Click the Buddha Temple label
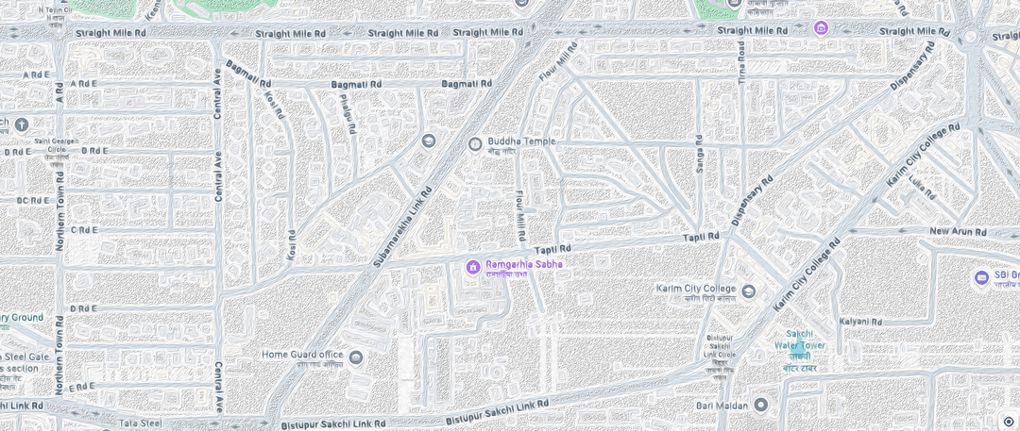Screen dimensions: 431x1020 (521, 141)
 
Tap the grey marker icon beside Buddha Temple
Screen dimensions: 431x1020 (475, 143)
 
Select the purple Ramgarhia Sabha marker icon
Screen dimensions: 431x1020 (473, 267)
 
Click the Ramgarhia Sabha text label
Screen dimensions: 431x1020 (524, 264)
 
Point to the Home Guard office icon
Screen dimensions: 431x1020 (356, 356)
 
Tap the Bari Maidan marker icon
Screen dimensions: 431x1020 (760, 405)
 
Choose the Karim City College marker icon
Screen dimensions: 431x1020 (748, 290)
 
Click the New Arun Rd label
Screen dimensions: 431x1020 (958, 231)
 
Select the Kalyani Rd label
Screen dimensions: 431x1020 (860, 322)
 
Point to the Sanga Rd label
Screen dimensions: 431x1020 (699, 153)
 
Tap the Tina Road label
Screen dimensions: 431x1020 (742, 58)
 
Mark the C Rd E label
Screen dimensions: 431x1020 (84, 229)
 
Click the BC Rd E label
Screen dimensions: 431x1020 (34, 200)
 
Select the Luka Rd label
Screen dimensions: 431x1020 (922, 189)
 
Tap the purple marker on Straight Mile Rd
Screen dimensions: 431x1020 (821, 27)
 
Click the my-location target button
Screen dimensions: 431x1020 (1008, 421)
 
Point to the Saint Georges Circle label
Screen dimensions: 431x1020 (56, 146)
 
